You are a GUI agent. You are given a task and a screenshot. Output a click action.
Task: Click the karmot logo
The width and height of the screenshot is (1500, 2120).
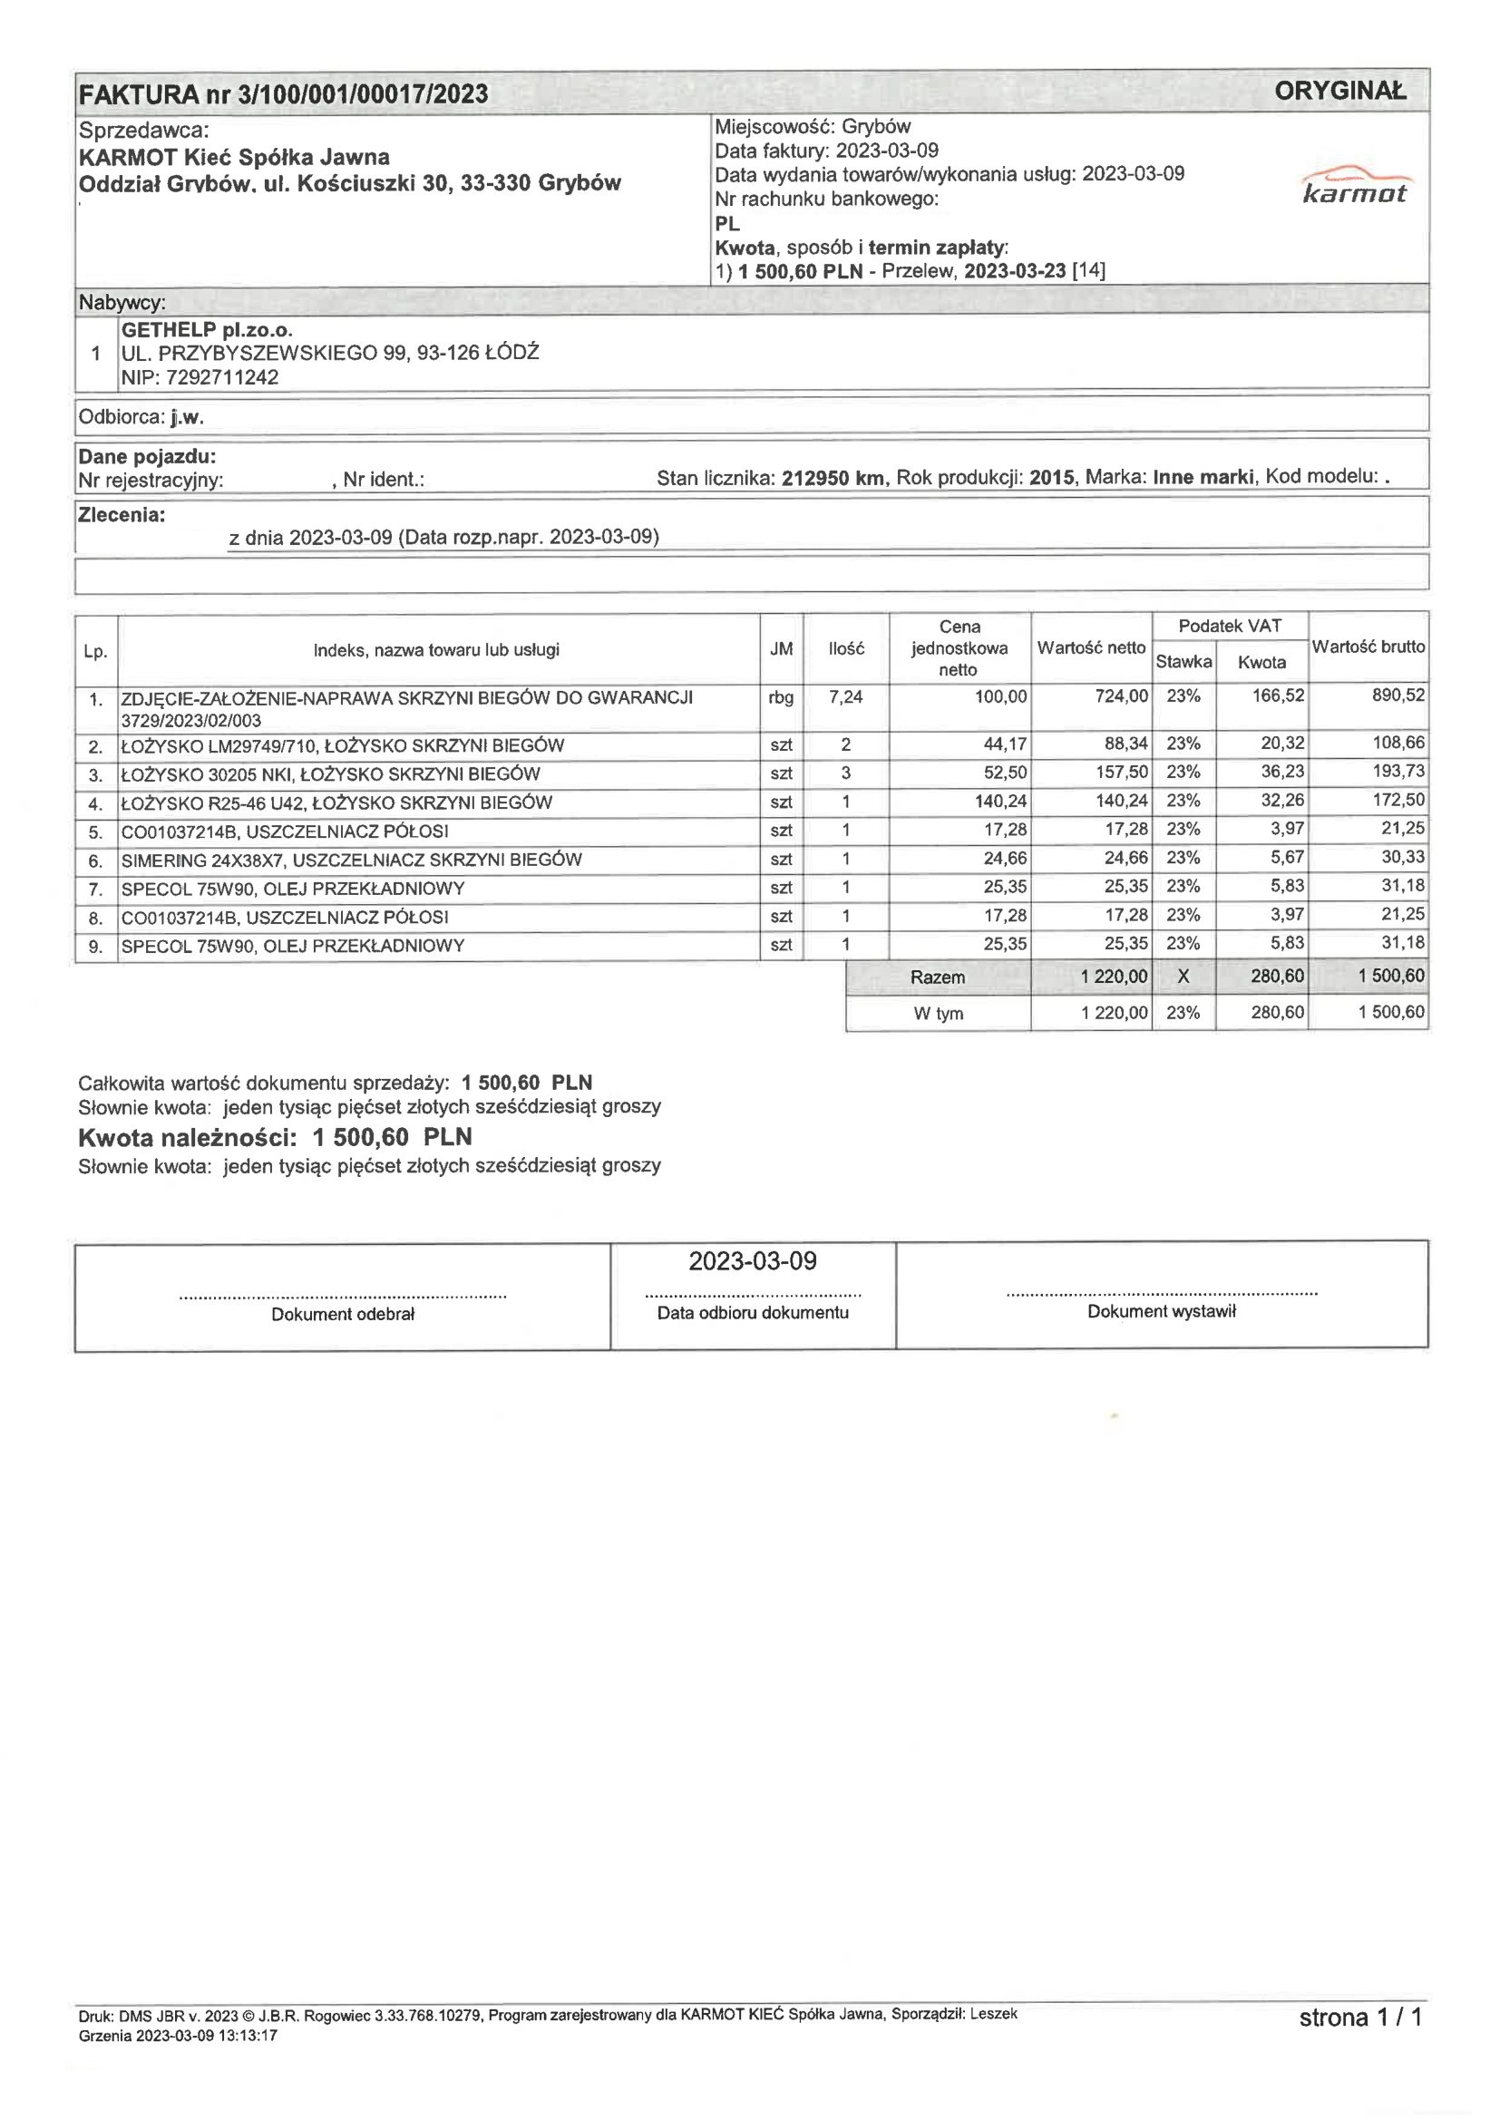[1355, 185]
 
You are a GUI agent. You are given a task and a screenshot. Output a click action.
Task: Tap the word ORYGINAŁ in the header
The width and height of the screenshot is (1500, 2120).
[1339, 91]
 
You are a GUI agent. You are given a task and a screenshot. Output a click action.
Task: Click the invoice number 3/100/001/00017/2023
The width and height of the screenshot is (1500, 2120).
[362, 94]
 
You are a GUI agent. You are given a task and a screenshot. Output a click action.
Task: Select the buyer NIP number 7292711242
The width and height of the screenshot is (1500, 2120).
[221, 377]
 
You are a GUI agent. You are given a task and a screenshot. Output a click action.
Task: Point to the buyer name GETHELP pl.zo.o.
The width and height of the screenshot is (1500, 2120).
[207, 330]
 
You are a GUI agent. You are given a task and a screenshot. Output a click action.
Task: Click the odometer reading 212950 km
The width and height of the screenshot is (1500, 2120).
[833, 478]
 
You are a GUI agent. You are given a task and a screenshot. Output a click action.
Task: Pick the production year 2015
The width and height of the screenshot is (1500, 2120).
[1051, 478]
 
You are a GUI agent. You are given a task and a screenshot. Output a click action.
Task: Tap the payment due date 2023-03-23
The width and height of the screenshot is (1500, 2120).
[1014, 271]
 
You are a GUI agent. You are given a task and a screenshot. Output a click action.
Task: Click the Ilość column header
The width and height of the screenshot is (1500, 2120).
[846, 649]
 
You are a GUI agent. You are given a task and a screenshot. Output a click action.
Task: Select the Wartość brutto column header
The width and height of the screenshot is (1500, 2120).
[1368, 647]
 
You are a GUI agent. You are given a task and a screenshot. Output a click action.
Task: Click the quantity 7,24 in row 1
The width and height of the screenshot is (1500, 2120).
[845, 697]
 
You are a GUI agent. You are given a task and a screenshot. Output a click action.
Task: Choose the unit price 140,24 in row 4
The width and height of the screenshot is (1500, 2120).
[1000, 802]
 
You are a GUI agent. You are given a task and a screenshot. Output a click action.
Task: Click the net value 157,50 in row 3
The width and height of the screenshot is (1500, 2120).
[1121, 772]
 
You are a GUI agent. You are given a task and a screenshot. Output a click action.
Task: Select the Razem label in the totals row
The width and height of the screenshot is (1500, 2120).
[938, 977]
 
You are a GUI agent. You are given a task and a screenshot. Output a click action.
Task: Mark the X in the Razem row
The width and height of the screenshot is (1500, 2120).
[1183, 977]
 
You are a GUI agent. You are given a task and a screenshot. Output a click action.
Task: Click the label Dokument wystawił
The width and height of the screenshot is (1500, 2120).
[1161, 1311]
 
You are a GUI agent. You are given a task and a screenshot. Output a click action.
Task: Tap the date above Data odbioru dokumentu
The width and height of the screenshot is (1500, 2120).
[752, 1261]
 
